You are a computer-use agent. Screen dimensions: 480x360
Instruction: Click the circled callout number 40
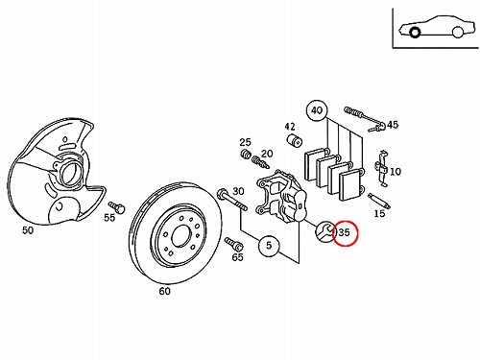pyautogui.click(x=317, y=110)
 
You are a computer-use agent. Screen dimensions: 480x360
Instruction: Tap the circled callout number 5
pyautogui.click(x=269, y=246)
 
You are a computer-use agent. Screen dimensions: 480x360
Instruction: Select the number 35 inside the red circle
pyautogui.click(x=344, y=232)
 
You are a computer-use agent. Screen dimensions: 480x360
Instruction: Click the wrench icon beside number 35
pyautogui.click(x=324, y=231)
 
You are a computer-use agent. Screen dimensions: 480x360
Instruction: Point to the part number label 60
pyautogui.click(x=165, y=291)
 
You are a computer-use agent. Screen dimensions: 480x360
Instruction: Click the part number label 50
pyautogui.click(x=28, y=230)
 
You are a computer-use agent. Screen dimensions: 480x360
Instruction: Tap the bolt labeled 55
pyautogui.click(x=117, y=207)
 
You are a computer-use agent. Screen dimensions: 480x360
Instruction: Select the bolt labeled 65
pyautogui.click(x=234, y=245)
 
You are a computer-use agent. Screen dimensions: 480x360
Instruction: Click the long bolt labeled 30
pyautogui.click(x=231, y=201)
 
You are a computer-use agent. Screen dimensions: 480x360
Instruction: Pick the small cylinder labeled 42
pyautogui.click(x=294, y=141)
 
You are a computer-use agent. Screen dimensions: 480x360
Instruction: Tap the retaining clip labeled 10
pyautogui.click(x=381, y=168)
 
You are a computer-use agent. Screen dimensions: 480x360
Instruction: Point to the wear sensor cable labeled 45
pyautogui.click(x=365, y=119)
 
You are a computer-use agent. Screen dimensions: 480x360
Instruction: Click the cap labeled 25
pyautogui.click(x=246, y=154)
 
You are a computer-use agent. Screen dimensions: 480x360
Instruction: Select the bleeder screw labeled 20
pyautogui.click(x=261, y=162)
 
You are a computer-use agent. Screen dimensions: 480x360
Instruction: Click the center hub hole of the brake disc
pyautogui.click(x=181, y=235)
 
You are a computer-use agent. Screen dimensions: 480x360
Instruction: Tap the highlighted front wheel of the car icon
pyautogui.click(x=415, y=33)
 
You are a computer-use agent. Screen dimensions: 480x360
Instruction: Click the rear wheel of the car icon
pyautogui.click(x=458, y=32)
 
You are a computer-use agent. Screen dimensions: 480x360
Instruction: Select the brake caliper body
pyautogui.click(x=281, y=197)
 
